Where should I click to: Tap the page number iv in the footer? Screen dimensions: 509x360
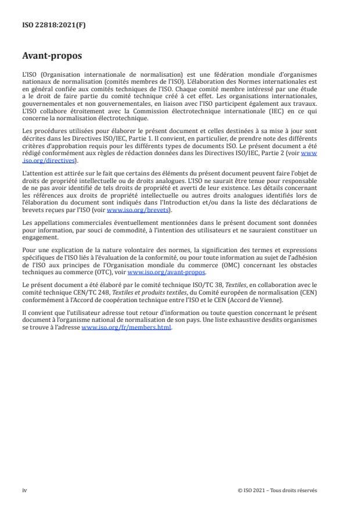[24, 490]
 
